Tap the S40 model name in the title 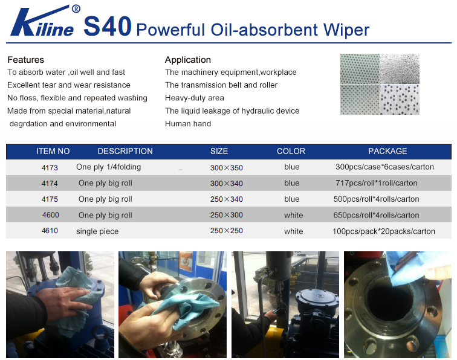(108, 26)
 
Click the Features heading (25, 60)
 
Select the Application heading (187, 60)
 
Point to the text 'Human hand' (188, 123)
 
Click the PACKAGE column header (387, 151)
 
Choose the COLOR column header (291, 151)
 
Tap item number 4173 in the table (50, 167)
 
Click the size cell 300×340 (227, 184)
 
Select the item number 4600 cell (50, 215)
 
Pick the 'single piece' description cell (97, 231)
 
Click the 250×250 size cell (227, 231)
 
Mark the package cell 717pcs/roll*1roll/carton (376, 183)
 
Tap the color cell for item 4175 (292, 199)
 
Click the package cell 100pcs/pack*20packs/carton (383, 231)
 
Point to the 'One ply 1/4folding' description (108, 167)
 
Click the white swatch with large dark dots (400, 100)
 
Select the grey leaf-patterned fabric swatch (400, 69)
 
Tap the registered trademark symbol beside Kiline (76, 9)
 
